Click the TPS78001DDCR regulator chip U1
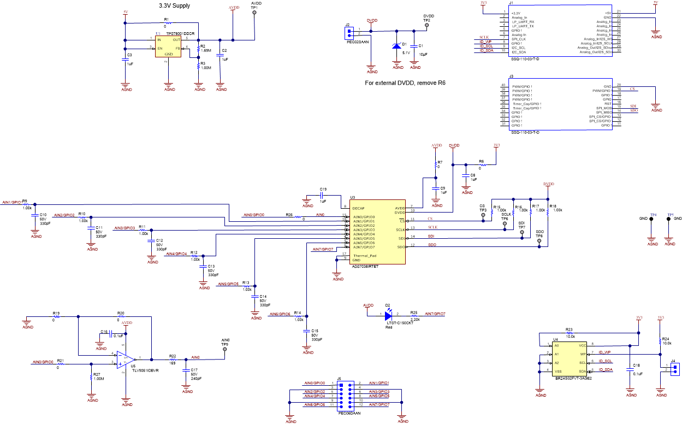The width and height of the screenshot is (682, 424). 169,46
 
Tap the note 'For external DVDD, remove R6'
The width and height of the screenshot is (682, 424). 405,84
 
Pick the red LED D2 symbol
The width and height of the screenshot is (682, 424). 388,315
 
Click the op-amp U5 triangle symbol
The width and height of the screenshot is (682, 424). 124,359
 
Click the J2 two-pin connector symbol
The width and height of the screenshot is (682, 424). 348,32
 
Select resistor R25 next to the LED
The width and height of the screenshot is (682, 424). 414,315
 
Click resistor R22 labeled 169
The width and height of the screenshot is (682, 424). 173,359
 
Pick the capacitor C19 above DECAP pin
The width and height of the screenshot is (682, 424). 323,194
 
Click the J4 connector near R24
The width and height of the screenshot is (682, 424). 675,369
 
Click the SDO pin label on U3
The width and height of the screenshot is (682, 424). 401,247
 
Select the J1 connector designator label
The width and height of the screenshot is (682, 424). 511,3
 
